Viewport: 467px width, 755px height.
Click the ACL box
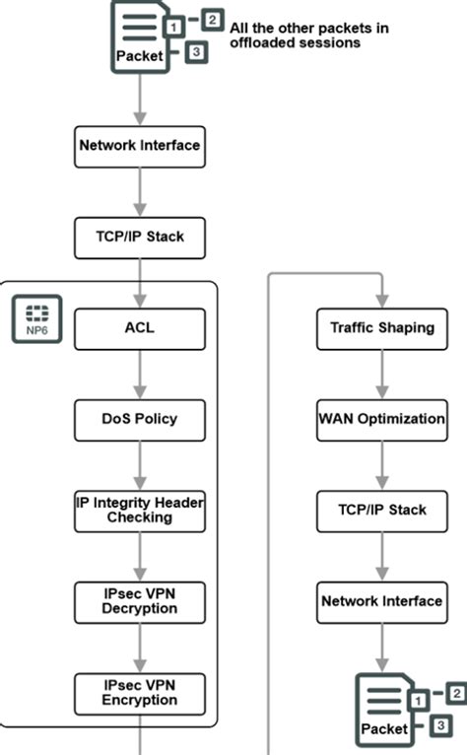coord(140,328)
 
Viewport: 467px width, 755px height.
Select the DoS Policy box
coord(140,419)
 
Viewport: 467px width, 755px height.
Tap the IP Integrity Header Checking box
coord(140,510)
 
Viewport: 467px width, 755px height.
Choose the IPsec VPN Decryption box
coord(140,599)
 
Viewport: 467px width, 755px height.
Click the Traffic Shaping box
coord(381,328)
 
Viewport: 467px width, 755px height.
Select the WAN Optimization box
coord(381,419)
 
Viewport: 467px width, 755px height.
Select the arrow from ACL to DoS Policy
coord(140,374)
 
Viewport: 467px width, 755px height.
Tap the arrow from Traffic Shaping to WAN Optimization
coord(381,374)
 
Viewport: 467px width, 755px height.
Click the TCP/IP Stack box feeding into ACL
coord(140,237)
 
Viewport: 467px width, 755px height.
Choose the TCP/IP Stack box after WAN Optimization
coord(381,510)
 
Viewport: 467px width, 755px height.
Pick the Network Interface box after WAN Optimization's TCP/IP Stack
coord(381,599)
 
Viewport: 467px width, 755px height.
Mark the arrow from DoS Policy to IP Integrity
coord(140,464)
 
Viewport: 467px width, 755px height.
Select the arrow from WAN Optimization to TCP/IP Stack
coord(381,464)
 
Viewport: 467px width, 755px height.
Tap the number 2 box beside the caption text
coord(212,18)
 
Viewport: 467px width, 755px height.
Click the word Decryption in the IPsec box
coord(140,608)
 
